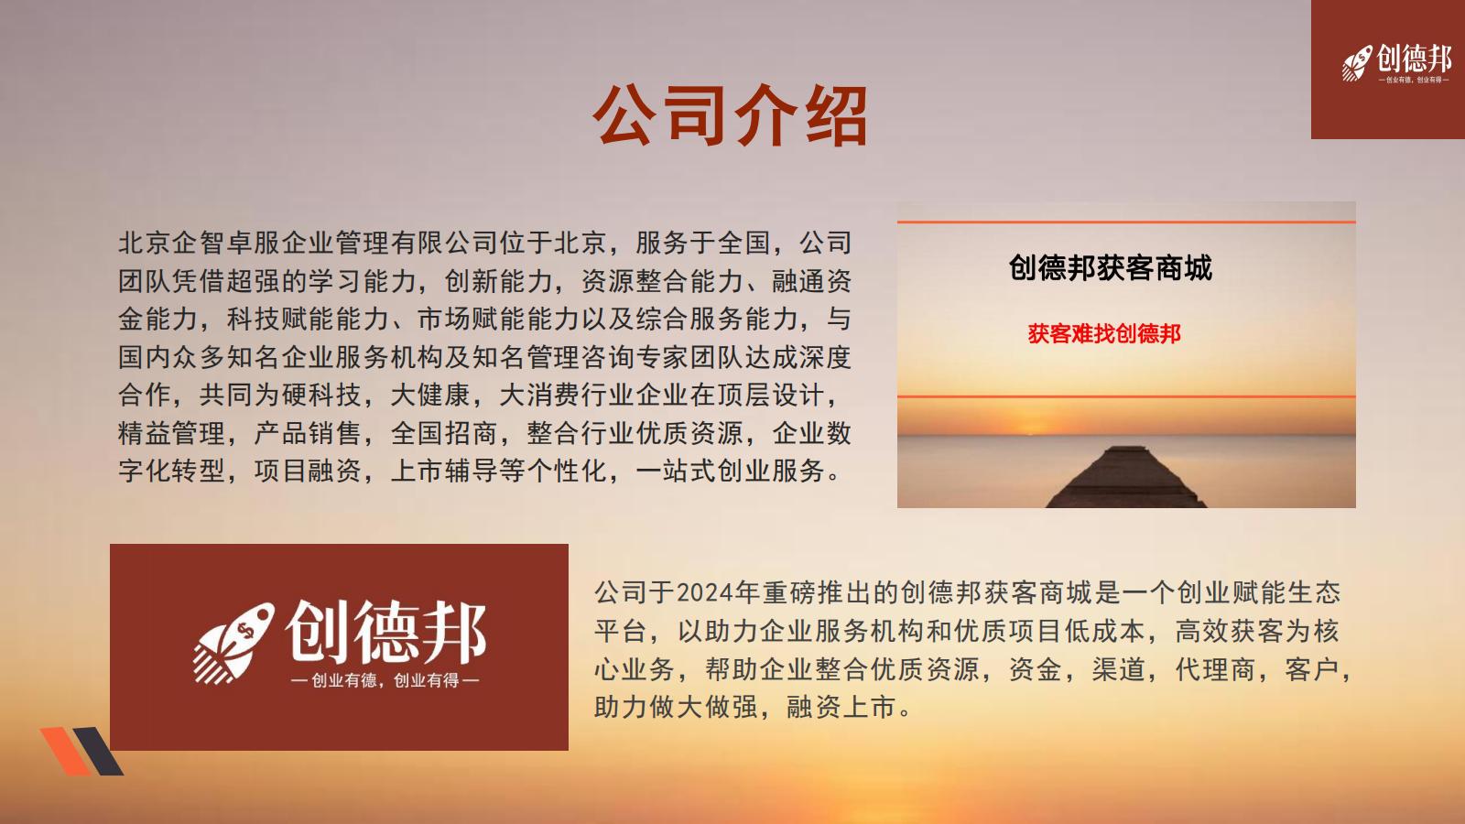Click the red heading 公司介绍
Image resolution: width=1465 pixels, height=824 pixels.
(730, 115)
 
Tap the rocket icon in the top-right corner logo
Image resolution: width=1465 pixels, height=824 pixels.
(1357, 63)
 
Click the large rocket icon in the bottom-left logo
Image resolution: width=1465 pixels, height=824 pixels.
(233, 643)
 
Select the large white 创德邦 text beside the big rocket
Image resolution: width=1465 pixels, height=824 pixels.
(385, 631)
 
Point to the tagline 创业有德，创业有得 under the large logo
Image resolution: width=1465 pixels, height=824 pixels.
(385, 681)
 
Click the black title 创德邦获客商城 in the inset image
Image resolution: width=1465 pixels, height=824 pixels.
(1111, 267)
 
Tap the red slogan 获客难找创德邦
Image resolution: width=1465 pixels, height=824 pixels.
(1104, 333)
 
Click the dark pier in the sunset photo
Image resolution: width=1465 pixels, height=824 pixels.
(1125, 477)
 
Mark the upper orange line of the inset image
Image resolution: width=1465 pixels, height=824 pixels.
(1126, 222)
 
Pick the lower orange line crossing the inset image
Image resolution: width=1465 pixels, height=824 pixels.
(1126, 396)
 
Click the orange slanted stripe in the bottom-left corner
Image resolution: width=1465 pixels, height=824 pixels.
(65, 751)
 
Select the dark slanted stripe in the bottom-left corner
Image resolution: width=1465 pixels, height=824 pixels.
(98, 751)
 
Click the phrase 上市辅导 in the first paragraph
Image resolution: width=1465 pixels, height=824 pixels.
(444, 471)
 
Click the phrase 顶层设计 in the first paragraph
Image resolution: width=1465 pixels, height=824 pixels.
(772, 395)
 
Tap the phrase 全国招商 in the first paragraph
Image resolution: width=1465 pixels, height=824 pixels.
(444, 433)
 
